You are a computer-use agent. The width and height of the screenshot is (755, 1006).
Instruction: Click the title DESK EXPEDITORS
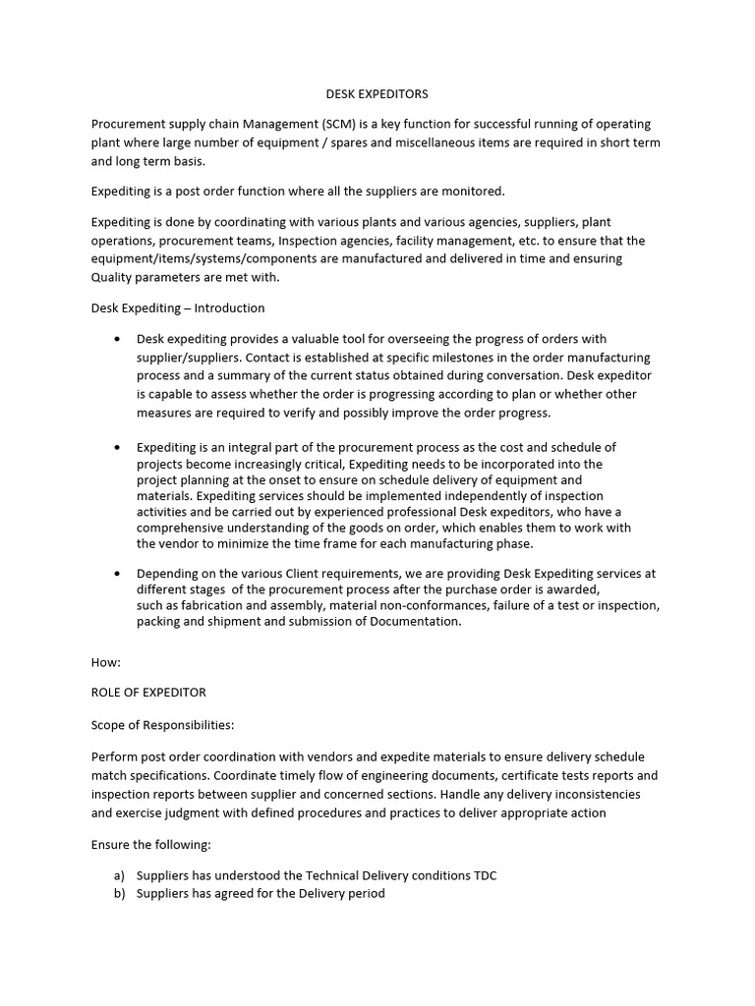[x=377, y=94]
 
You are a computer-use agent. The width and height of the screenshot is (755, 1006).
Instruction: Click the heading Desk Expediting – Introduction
[x=178, y=307]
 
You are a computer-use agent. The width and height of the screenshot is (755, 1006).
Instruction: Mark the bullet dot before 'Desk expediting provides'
[x=118, y=339]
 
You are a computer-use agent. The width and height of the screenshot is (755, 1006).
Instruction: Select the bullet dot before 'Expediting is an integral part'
[x=118, y=447]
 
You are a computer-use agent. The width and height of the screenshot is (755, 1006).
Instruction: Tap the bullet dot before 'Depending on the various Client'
[x=118, y=573]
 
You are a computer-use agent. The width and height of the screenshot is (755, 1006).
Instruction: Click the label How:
[x=106, y=662]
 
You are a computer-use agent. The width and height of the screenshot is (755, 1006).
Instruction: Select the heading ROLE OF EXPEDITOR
[x=148, y=693]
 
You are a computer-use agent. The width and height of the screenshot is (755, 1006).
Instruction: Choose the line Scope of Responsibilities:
[x=162, y=724]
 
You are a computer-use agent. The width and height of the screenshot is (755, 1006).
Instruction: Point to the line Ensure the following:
[x=150, y=844]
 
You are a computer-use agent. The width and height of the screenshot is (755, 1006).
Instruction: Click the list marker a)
[x=119, y=875]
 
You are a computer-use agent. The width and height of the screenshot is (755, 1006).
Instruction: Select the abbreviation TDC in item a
[x=484, y=875]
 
